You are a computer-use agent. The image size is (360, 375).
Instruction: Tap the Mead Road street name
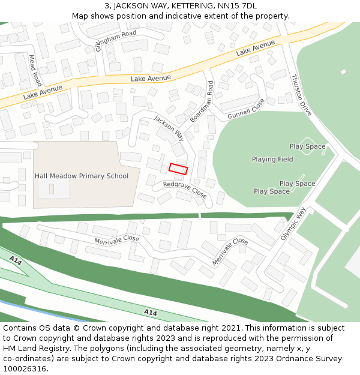tap(35, 70)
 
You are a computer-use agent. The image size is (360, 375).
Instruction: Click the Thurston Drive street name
tap(301, 95)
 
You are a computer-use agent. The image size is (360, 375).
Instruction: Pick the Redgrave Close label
tap(185, 190)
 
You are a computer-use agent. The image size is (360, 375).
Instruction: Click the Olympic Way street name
tap(293, 224)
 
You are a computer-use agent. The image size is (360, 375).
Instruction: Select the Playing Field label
tap(272, 160)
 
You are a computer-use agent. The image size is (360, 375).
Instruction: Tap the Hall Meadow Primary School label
tap(82, 176)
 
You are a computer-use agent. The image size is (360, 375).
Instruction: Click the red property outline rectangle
tap(178, 169)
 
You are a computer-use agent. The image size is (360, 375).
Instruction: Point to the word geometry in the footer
tap(223, 348)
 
